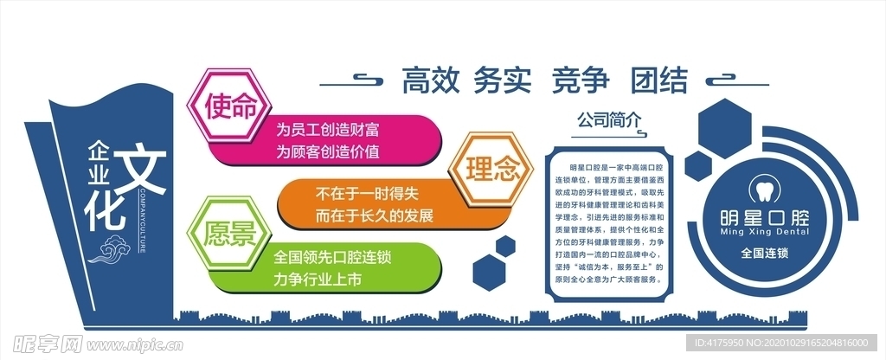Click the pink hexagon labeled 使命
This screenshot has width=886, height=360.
click(x=231, y=106)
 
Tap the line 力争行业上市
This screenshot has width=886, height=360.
click(x=318, y=280)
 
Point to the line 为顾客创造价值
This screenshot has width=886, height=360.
click(x=328, y=151)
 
